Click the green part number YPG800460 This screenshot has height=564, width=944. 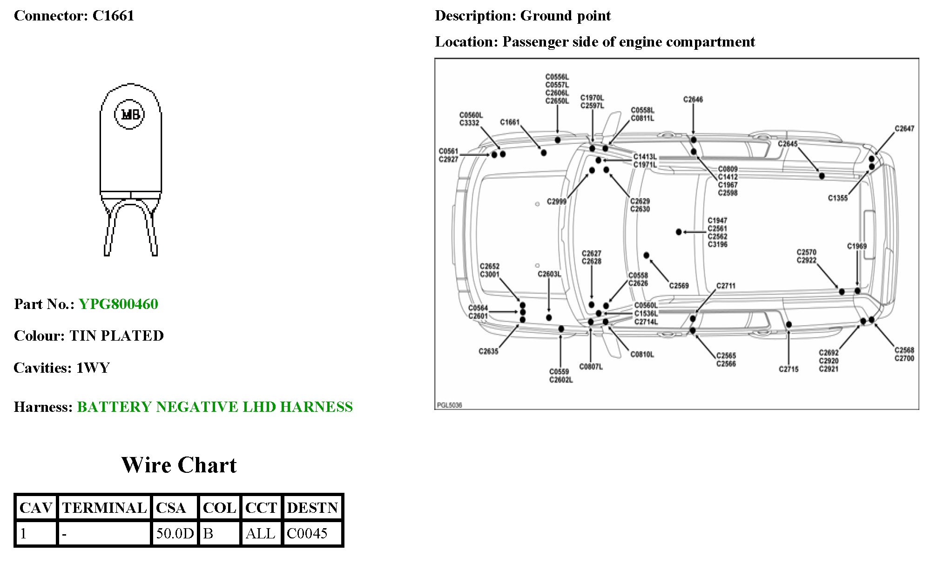pyautogui.click(x=118, y=304)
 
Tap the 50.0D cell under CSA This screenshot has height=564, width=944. pyautogui.click(x=175, y=533)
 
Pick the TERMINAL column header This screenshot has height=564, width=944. pyautogui.click(x=104, y=507)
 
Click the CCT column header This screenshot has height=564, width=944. pyautogui.click(x=261, y=507)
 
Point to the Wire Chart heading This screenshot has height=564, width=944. pyautogui.click(x=179, y=465)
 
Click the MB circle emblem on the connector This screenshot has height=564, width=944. pyautogui.click(x=130, y=114)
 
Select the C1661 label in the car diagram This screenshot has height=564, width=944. pyautogui.click(x=510, y=122)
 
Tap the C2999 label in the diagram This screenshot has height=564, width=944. pyautogui.click(x=556, y=201)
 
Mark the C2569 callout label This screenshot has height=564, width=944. pyautogui.click(x=679, y=286)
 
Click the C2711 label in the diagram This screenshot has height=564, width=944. pyautogui.click(x=726, y=286)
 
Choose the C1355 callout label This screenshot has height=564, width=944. pyautogui.click(x=837, y=198)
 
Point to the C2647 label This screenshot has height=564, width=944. pyautogui.click(x=904, y=128)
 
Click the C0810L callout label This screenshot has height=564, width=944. pyautogui.click(x=642, y=355)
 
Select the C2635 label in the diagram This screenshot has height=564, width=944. pyautogui.click(x=488, y=351)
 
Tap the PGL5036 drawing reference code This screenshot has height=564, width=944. pyautogui.click(x=449, y=405)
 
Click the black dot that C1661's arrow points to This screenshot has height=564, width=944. pyautogui.click(x=543, y=153)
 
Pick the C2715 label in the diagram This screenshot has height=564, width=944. pyautogui.click(x=789, y=369)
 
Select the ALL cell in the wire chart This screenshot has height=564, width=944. pyautogui.click(x=260, y=533)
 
